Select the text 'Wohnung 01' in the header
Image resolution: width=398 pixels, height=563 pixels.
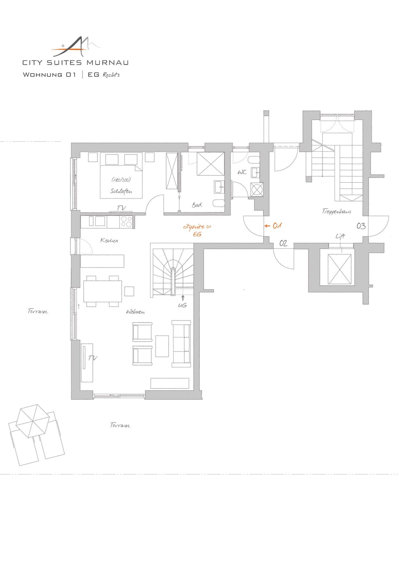49,75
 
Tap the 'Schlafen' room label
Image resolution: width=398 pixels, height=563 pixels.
121,191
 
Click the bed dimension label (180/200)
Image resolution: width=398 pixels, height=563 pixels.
121,180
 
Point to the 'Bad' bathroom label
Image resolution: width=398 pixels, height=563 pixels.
197,205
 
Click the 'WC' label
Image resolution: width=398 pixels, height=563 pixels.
242,172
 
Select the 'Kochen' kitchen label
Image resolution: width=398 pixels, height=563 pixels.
109,240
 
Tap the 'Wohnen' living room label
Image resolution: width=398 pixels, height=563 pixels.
135,312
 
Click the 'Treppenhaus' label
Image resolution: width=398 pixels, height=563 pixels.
337,211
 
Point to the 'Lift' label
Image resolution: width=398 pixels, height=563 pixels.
340,236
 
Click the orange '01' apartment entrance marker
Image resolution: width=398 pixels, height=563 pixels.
277,226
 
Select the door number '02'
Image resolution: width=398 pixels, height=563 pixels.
283,243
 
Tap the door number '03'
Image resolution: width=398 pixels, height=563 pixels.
361,226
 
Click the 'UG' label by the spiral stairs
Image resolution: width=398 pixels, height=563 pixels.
182,305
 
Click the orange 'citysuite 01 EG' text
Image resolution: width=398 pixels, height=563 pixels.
197,230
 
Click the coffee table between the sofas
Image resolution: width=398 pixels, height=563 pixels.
162,346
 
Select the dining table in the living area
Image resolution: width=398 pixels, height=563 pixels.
103,291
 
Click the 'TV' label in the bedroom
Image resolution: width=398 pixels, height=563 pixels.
121,208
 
